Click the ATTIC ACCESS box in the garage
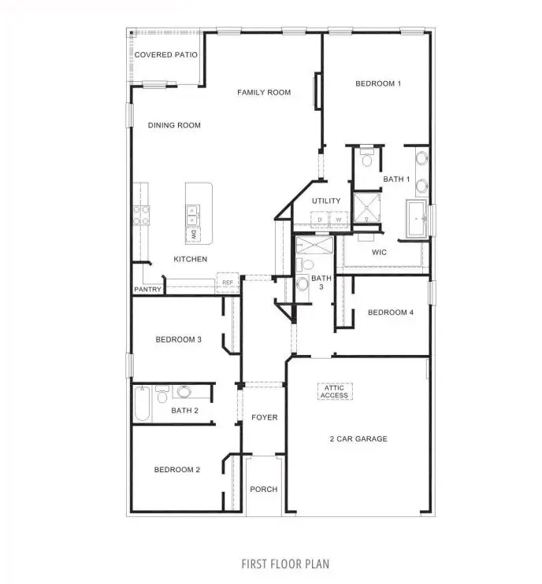(x=334, y=391)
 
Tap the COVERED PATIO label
(x=165, y=55)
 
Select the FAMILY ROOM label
(x=264, y=93)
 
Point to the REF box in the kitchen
(x=228, y=283)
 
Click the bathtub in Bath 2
(x=143, y=404)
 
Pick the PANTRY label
(x=147, y=290)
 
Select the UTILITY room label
(x=326, y=201)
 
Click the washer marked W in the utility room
(x=340, y=219)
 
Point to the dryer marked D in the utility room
(x=320, y=219)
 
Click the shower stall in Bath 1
(x=366, y=207)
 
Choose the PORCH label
(x=264, y=490)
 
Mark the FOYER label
(x=265, y=417)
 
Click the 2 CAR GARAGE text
(x=358, y=439)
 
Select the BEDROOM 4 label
(x=391, y=313)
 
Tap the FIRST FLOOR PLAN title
(x=285, y=564)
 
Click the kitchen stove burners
(x=141, y=216)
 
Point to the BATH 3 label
(x=321, y=282)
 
